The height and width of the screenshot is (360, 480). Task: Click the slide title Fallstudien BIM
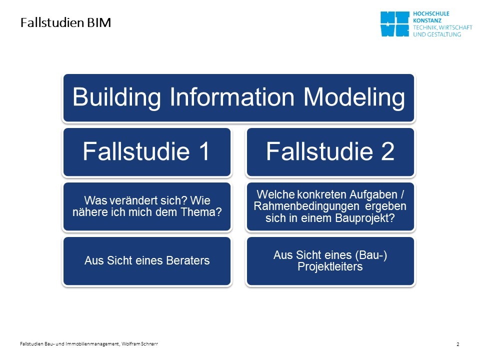click(x=65, y=22)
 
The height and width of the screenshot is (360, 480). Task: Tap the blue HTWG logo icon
click(x=395, y=24)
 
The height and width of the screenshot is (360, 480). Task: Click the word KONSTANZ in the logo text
click(x=427, y=20)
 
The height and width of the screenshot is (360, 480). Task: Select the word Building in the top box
click(x=116, y=97)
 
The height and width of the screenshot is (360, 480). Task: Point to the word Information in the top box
click(x=232, y=97)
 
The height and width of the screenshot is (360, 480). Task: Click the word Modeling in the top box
click(x=354, y=97)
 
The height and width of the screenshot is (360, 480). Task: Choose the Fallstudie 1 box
click(x=147, y=152)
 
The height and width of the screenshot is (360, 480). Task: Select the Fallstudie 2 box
click(x=330, y=152)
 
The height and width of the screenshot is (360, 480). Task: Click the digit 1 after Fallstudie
click(x=203, y=151)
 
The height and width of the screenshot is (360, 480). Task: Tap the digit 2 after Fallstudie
click(x=387, y=151)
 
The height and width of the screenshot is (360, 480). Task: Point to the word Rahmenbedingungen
click(x=306, y=206)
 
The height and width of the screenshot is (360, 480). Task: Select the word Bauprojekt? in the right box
click(x=365, y=218)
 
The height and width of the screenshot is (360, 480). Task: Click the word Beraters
click(x=187, y=260)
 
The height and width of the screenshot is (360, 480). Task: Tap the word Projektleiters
click(x=330, y=266)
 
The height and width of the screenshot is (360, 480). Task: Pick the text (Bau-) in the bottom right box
click(x=371, y=255)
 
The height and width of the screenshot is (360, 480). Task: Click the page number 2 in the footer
click(x=458, y=344)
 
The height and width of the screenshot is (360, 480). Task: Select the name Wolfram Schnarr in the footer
click(x=139, y=344)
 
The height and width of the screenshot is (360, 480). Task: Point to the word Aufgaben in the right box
click(x=373, y=194)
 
